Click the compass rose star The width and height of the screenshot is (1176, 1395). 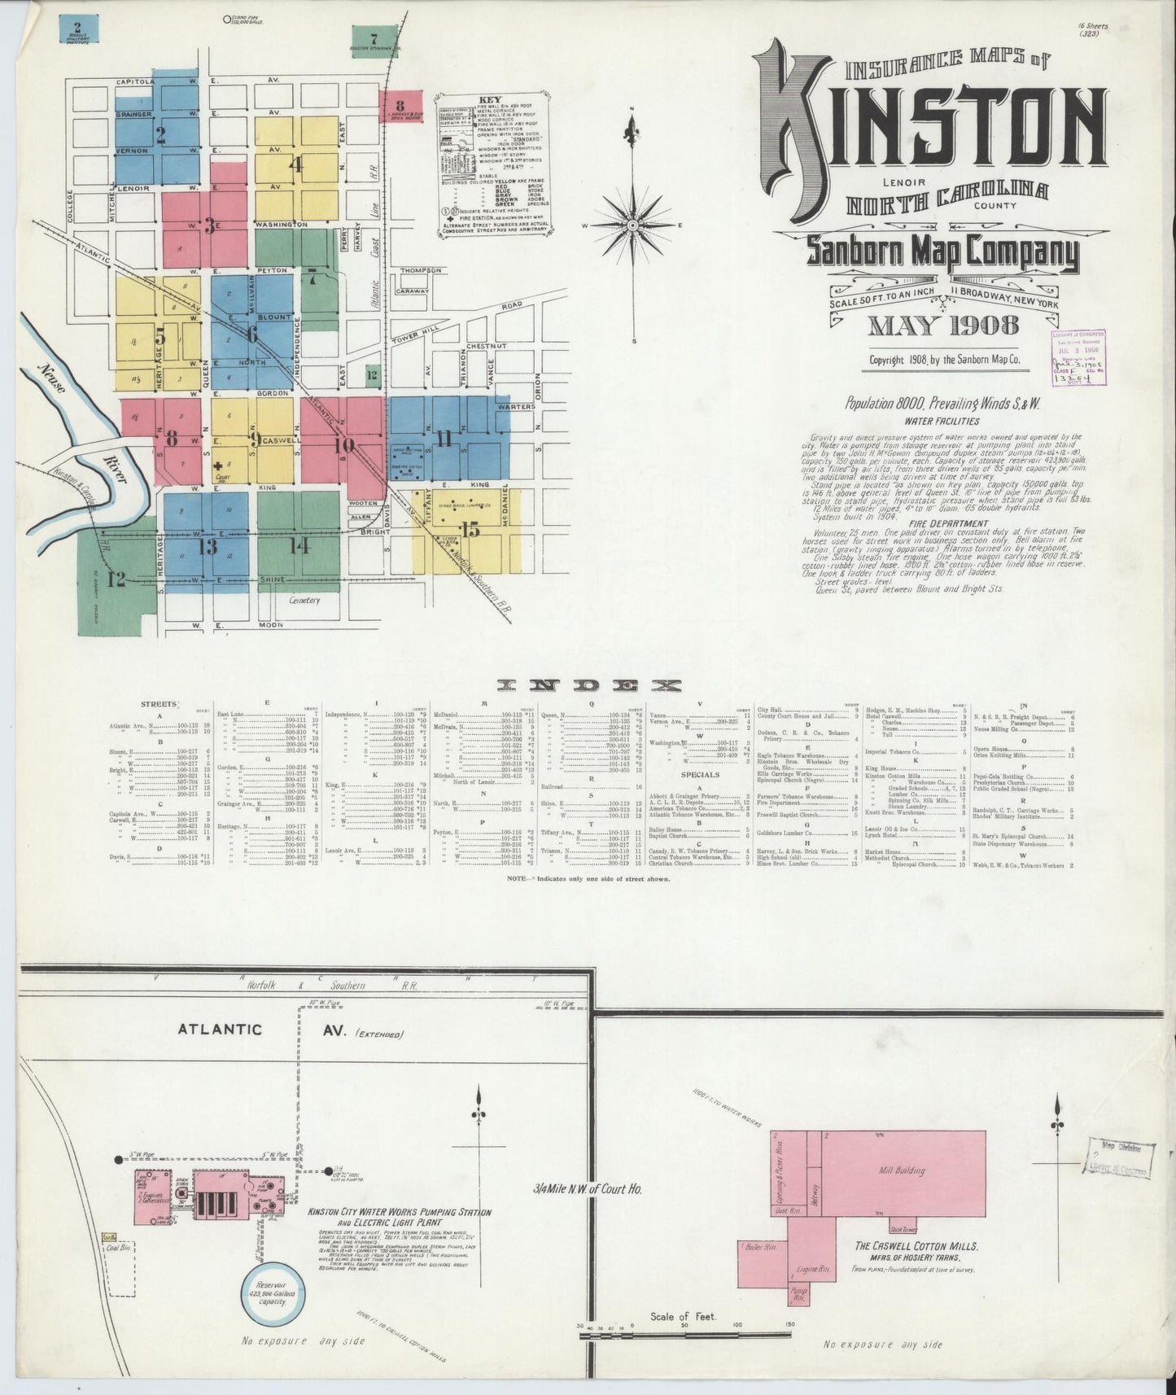pos(633,225)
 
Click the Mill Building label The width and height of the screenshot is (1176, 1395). pos(902,1170)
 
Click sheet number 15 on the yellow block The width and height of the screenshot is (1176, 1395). pos(470,531)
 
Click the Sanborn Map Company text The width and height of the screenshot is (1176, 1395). pos(942,254)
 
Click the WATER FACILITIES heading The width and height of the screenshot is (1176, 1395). pos(942,422)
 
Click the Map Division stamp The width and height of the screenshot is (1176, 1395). pos(1117,1160)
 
